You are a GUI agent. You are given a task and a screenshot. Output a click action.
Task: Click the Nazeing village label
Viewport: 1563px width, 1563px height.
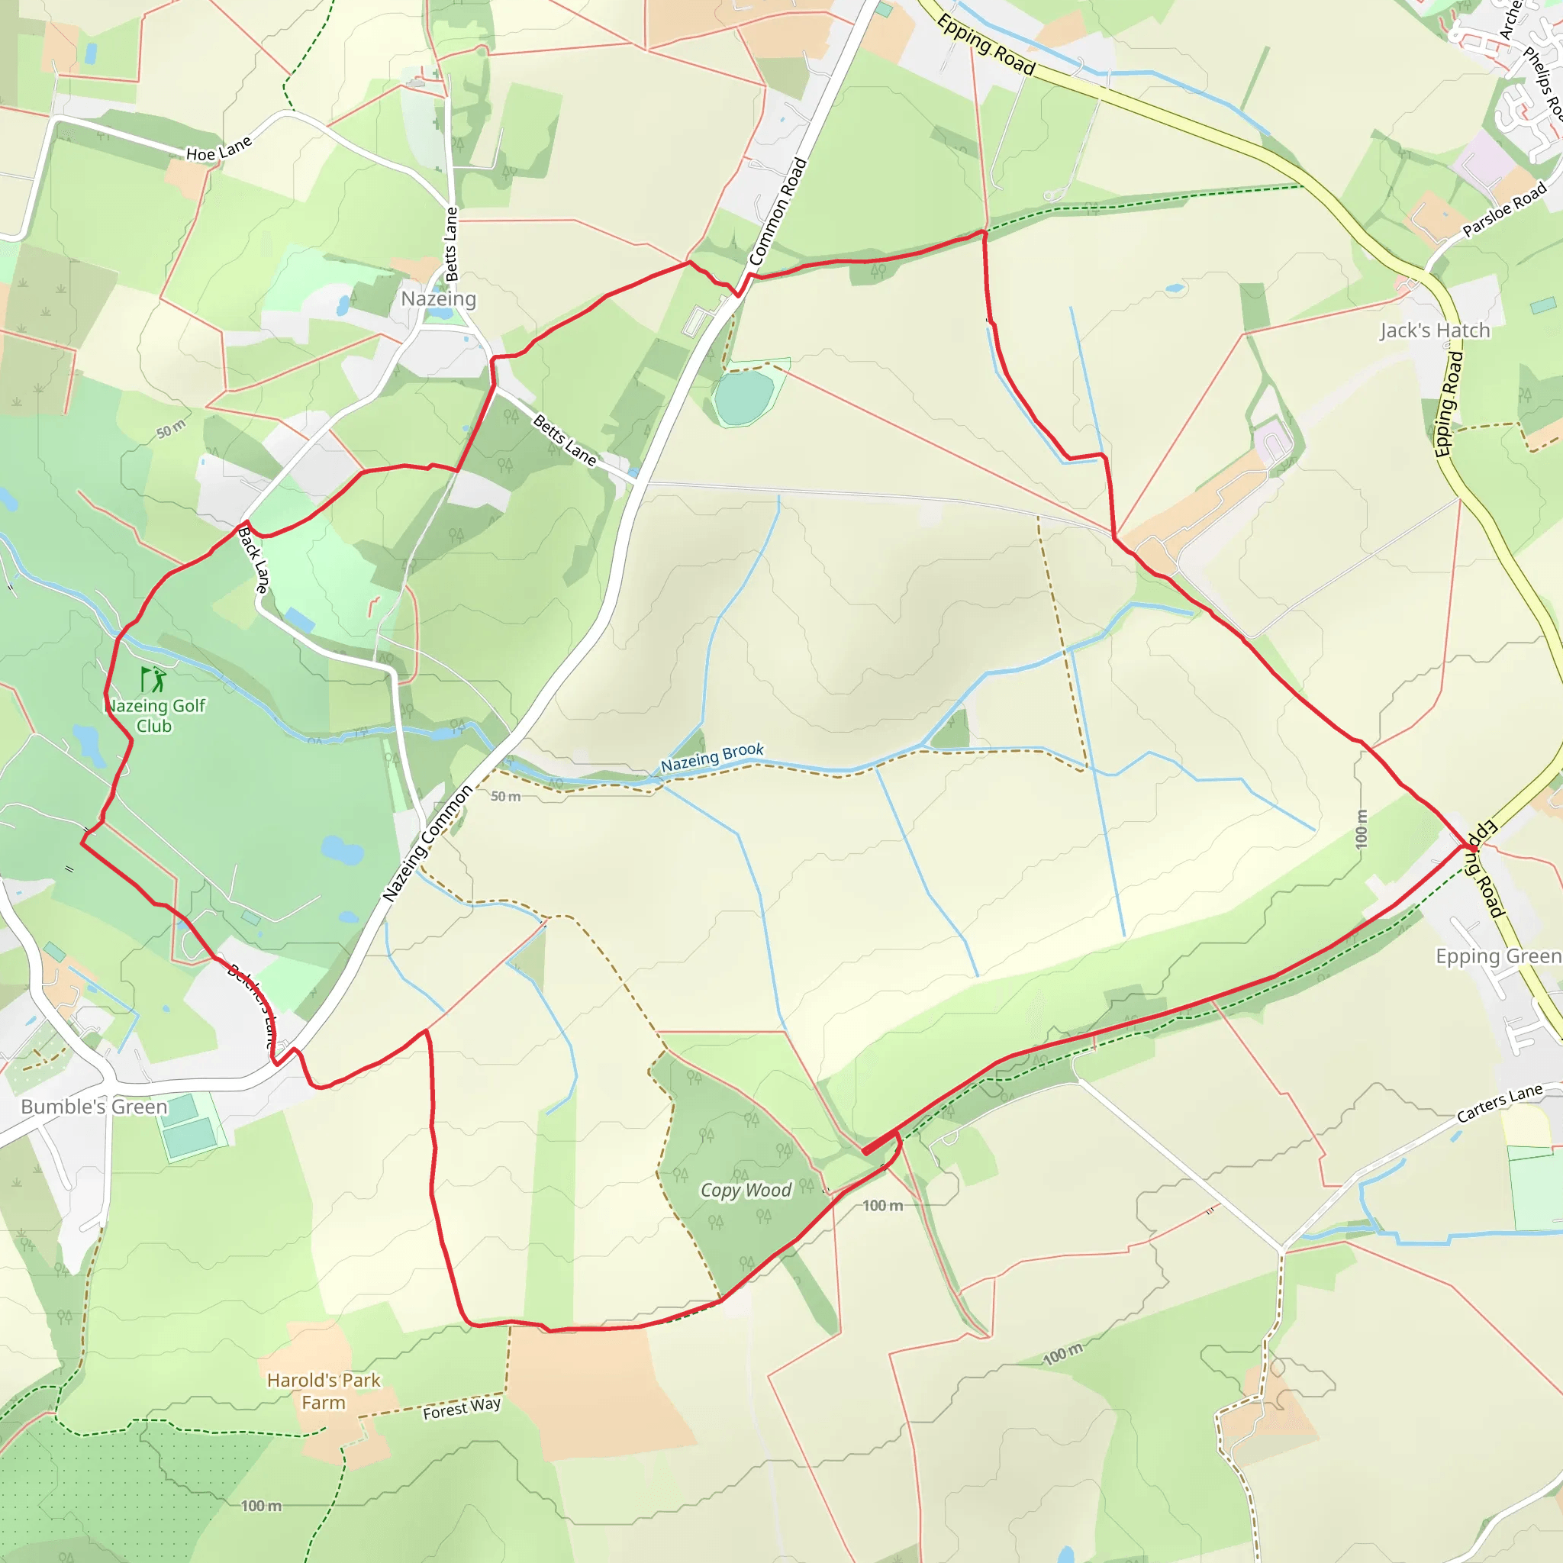tap(439, 298)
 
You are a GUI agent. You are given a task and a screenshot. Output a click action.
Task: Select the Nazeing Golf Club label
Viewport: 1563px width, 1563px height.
tap(156, 715)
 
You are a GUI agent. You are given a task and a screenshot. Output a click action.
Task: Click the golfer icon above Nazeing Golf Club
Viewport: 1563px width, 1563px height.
tap(152, 678)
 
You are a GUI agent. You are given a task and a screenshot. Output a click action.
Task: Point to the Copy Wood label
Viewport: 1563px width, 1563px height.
tap(745, 1190)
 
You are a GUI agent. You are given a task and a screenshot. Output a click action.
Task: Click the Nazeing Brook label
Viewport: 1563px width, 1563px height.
tap(712, 757)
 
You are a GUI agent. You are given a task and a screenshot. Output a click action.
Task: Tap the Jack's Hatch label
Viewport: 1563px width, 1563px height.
tap(1434, 330)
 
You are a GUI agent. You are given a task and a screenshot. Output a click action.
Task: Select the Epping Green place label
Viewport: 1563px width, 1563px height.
tap(1497, 956)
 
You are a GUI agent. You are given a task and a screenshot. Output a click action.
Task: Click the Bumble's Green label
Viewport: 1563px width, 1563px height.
tap(94, 1107)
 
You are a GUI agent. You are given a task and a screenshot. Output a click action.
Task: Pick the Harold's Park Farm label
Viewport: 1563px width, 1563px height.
tap(324, 1391)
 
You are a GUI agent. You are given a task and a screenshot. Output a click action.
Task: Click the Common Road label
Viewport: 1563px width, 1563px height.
tap(778, 212)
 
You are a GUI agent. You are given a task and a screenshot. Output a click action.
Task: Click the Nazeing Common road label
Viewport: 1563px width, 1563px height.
tap(427, 843)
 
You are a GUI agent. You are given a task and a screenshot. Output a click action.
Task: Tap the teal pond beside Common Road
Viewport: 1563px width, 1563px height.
tap(743, 396)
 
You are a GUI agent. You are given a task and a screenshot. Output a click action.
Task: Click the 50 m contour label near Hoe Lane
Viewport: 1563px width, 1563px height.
tap(171, 429)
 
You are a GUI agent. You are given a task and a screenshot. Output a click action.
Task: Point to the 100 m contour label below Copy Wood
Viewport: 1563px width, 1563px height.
tap(881, 1205)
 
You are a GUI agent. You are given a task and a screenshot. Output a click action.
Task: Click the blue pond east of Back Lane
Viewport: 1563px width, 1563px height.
tap(300, 620)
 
